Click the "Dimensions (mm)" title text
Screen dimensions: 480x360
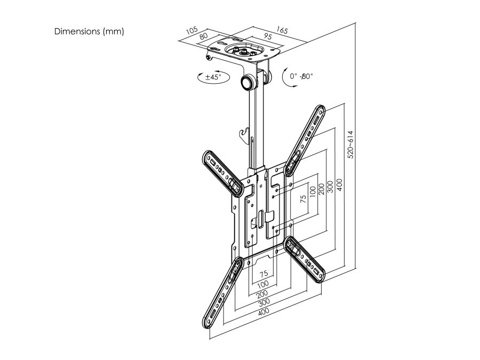[89, 31]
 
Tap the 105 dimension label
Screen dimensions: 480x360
[192, 30]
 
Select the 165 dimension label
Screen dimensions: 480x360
[282, 30]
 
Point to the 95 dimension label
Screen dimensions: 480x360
[268, 36]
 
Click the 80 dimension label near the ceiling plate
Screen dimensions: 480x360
[204, 36]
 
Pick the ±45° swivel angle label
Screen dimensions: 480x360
[213, 76]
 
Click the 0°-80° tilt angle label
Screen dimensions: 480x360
[301, 76]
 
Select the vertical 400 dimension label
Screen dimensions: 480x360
[339, 185]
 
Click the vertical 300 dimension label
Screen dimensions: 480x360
[330, 187]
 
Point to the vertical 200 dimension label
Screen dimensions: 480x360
[321, 189]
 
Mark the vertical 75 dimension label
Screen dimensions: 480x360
[303, 199]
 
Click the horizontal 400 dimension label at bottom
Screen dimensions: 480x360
[263, 311]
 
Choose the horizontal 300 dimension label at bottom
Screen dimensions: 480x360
[264, 302]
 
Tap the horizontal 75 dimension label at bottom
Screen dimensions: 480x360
[263, 273]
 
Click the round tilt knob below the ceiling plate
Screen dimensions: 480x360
[246, 82]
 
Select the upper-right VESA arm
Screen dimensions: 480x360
[305, 140]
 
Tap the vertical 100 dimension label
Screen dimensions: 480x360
[312, 192]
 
